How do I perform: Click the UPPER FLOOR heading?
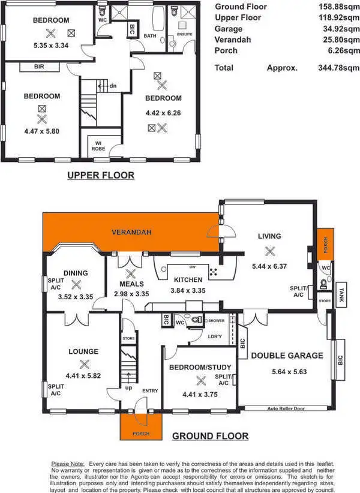101,176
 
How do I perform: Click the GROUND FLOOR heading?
210,436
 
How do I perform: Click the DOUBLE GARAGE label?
287,356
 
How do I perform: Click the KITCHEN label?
187,280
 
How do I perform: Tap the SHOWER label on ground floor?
217,320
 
